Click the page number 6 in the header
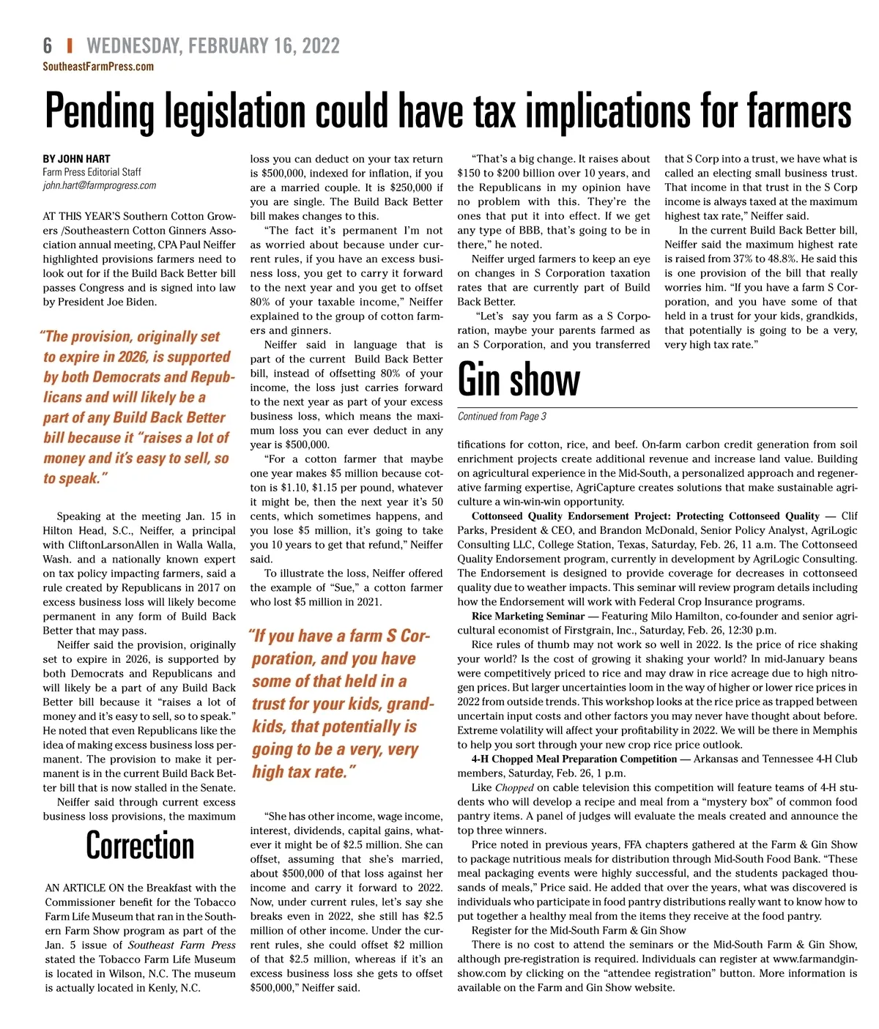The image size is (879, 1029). (x=48, y=46)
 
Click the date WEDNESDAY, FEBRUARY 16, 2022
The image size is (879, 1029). (x=213, y=46)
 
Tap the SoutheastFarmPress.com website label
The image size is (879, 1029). (x=98, y=67)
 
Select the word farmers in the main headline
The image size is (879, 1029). (x=798, y=111)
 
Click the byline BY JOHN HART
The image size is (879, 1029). (x=76, y=158)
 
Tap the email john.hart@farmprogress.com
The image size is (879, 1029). (x=100, y=186)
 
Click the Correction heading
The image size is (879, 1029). (x=140, y=846)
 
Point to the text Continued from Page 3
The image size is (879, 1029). (x=502, y=417)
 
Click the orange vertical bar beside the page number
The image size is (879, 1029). (x=70, y=46)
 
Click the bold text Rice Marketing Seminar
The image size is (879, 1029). (x=528, y=616)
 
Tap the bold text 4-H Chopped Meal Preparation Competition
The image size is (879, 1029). (x=574, y=759)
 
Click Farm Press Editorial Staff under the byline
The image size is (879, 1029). (x=92, y=172)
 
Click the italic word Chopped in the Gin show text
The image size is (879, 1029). (x=514, y=787)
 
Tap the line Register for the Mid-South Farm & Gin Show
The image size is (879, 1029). (x=579, y=930)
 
